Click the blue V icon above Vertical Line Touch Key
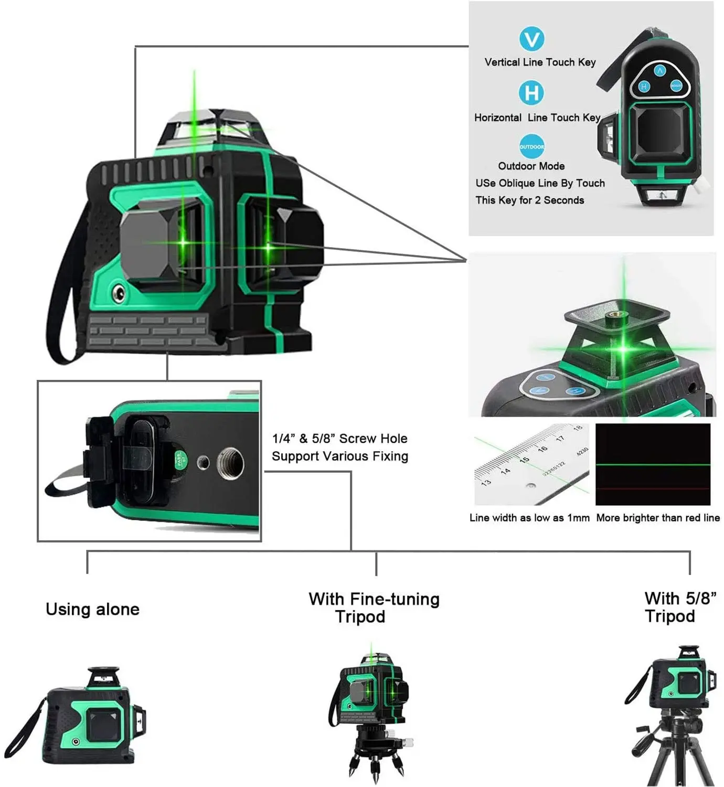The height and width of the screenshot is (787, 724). (x=531, y=39)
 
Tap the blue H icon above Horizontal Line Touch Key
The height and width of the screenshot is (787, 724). (x=531, y=93)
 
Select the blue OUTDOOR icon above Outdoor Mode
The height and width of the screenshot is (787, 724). (x=531, y=147)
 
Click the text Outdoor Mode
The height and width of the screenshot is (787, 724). (x=531, y=166)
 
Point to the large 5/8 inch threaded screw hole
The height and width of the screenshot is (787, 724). (x=230, y=462)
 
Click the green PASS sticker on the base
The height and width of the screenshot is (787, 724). (x=180, y=460)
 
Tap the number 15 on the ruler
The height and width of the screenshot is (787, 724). (x=524, y=460)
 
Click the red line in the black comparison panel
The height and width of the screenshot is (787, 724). (x=653, y=489)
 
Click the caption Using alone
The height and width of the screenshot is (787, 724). (x=92, y=609)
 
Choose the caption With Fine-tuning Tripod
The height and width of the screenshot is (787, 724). (x=374, y=608)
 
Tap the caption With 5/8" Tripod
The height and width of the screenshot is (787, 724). (x=680, y=607)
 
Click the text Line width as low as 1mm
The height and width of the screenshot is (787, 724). (x=529, y=518)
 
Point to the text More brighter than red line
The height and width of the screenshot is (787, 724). (x=657, y=518)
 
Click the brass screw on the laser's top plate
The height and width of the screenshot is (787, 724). (x=612, y=317)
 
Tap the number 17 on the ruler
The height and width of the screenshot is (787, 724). (x=560, y=438)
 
